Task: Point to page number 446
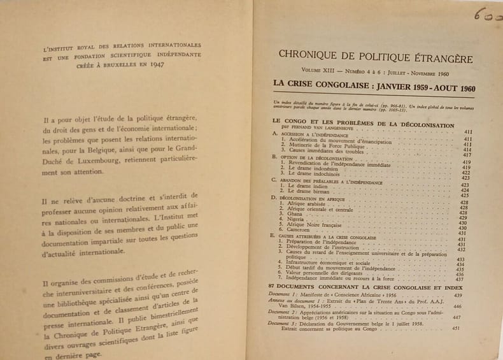pyautogui.click(x=456, y=306)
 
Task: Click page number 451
pyautogui.click(x=456, y=329)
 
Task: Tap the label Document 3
pyautogui.click(x=281, y=323)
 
